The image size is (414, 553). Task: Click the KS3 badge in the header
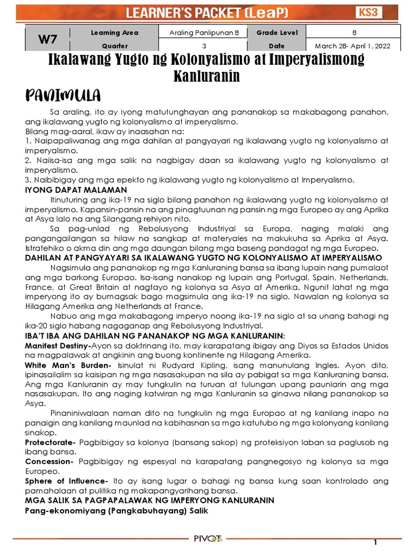383,12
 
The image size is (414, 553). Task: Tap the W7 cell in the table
47,39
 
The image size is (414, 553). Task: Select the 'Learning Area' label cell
114,33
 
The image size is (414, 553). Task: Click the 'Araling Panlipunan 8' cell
203,33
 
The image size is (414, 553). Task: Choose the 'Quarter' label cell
114,46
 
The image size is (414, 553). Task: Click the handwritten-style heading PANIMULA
63,96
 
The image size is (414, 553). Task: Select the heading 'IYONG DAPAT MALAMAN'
76,190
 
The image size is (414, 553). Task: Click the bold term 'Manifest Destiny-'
58,345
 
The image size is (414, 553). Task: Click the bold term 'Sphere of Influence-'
66,481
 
